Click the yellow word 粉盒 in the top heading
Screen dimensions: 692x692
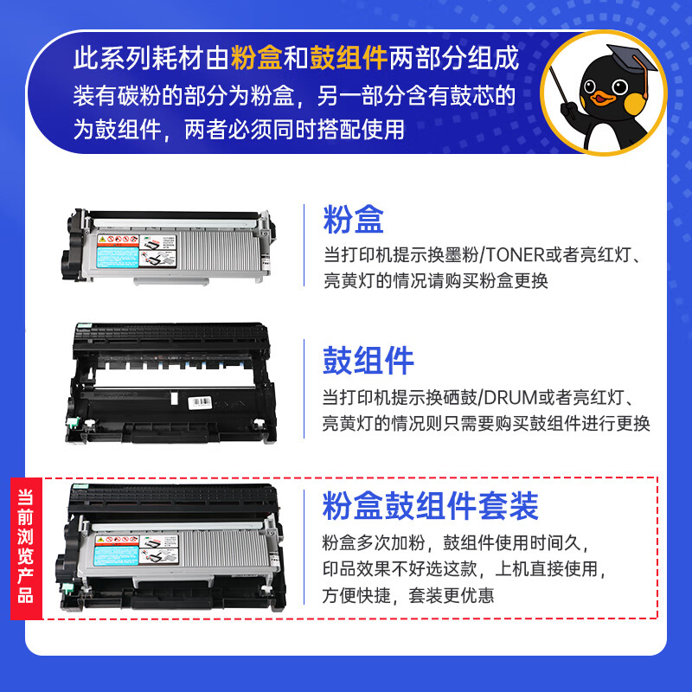point(259,59)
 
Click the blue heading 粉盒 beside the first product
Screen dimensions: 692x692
point(353,220)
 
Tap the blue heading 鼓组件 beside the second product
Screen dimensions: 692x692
point(368,362)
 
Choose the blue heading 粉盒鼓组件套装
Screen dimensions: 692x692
point(430,505)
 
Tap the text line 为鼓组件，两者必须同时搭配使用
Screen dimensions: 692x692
point(239,130)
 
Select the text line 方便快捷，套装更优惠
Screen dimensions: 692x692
point(408,596)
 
